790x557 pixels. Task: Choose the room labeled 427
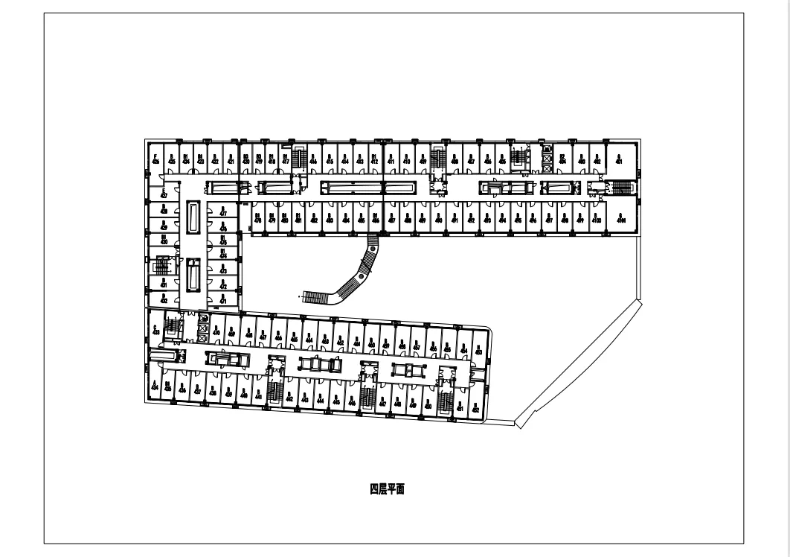click(x=163, y=195)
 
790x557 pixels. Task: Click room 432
click(x=163, y=299)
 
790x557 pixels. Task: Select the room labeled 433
click(x=155, y=329)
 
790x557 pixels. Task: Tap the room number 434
click(x=154, y=386)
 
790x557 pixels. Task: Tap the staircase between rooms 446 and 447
click(x=366, y=397)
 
